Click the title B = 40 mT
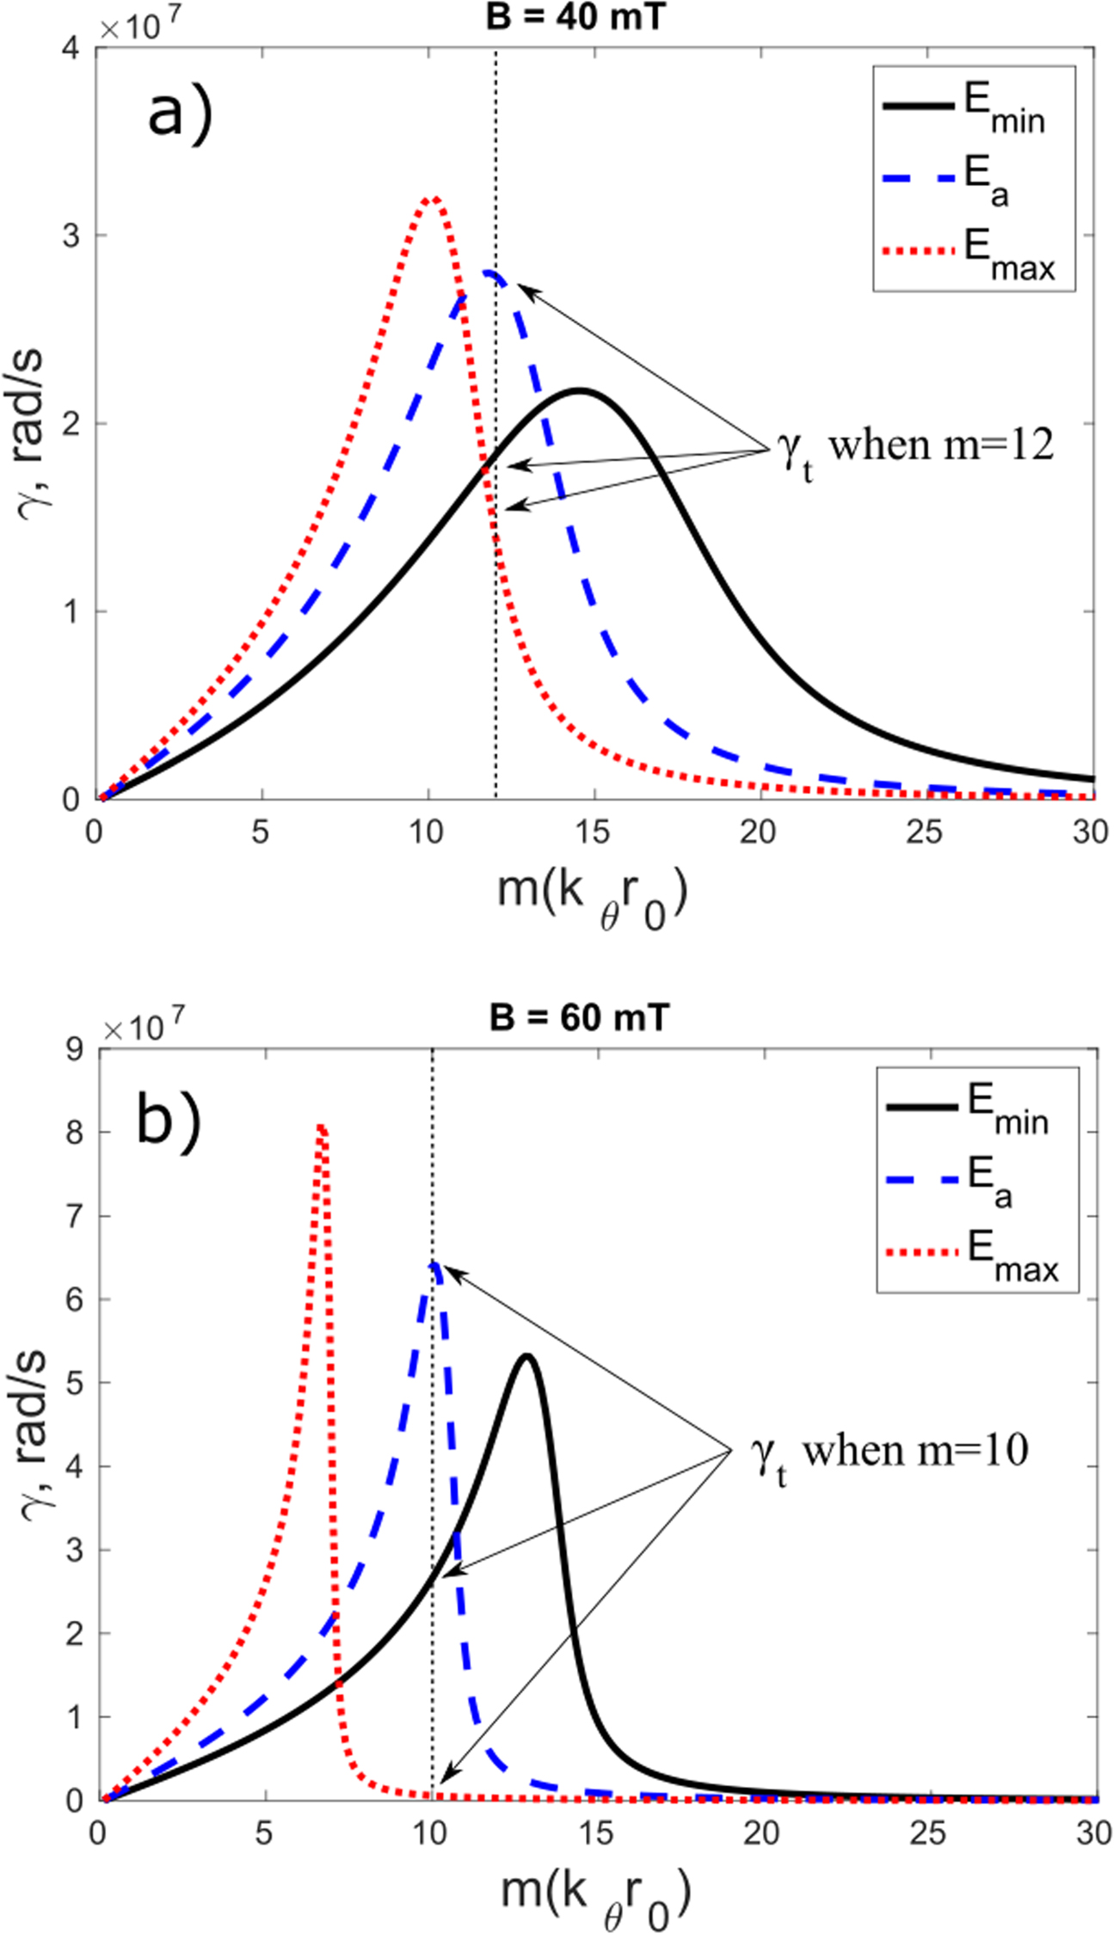click(575, 16)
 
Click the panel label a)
click(179, 114)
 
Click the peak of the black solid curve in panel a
click(581, 390)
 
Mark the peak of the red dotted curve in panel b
click(320, 1127)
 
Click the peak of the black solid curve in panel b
click(526, 1357)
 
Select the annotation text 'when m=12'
click(940, 445)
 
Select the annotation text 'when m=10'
click(914, 1452)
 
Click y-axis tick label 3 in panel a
click(72, 236)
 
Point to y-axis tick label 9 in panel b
click(74, 1049)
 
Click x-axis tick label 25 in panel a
click(926, 832)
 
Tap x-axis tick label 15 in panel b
click(595, 1833)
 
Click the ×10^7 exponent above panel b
click(143, 1026)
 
